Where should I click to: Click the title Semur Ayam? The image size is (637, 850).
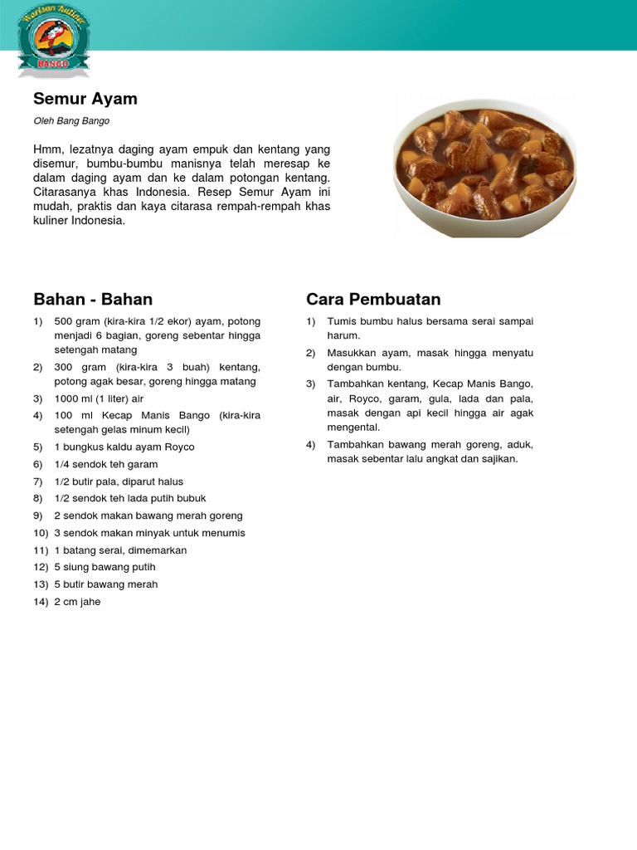point(85,99)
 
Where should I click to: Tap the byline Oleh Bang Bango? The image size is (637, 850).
point(71,121)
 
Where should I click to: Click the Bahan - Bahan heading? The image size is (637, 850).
point(93,299)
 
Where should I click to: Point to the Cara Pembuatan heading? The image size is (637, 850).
point(373,299)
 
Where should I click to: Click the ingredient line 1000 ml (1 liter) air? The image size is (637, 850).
point(99,398)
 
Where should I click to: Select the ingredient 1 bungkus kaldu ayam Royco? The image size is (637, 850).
point(124,447)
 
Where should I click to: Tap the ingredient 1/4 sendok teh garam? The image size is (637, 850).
point(105,464)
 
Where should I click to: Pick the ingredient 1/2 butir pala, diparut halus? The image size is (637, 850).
point(119,481)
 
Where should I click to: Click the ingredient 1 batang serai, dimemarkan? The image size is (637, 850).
point(120,550)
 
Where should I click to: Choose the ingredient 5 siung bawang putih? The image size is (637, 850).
point(105,567)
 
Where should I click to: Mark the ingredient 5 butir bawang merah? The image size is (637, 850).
point(105,584)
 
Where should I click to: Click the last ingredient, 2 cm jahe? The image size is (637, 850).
point(77,602)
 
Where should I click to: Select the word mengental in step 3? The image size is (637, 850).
point(353,427)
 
